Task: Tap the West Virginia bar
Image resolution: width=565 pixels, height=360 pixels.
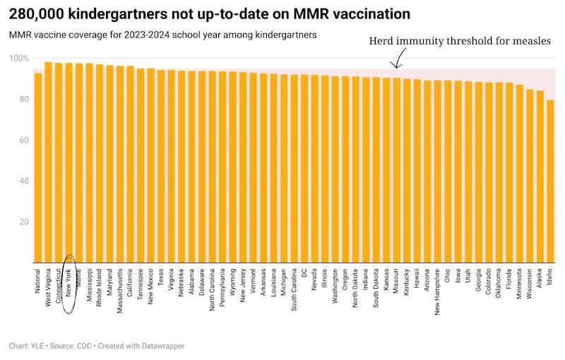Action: coord(48,162)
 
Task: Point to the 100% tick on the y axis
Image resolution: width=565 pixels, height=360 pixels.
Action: coord(20,59)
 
